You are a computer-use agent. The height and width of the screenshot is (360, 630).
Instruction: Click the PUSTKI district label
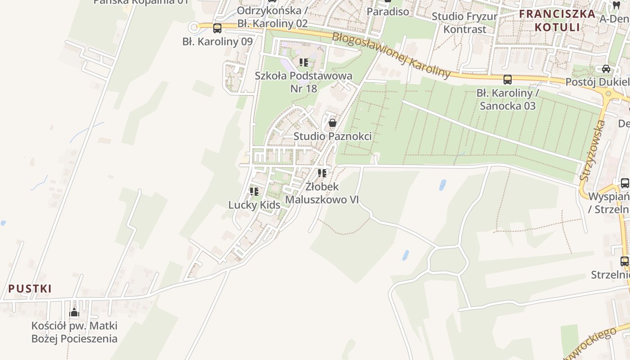click(30, 288)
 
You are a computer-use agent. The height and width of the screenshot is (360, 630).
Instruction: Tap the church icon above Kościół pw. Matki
click(74, 312)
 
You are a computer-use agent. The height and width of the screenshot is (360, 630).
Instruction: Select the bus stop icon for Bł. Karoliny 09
click(217, 28)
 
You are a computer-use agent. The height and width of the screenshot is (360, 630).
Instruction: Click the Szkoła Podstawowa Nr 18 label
click(303, 82)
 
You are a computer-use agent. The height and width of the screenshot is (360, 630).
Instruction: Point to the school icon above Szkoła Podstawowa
click(304, 63)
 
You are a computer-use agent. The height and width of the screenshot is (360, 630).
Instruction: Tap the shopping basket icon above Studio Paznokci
click(333, 122)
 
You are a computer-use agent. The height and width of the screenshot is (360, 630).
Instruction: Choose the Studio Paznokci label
click(333, 136)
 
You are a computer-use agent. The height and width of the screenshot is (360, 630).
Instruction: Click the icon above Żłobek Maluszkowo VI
click(322, 173)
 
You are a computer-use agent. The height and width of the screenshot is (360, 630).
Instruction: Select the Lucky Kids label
click(254, 205)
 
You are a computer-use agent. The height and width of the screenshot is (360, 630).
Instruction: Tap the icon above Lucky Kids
click(254, 192)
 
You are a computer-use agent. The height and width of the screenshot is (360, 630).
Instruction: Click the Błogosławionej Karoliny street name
click(391, 55)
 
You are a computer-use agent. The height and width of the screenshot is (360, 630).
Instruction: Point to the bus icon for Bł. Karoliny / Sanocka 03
click(508, 80)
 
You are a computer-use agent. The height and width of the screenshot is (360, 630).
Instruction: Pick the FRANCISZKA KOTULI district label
click(557, 20)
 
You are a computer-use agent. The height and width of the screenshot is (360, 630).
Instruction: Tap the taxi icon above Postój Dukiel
click(606, 69)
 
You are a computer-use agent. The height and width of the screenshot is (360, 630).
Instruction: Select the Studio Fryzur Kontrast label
click(465, 23)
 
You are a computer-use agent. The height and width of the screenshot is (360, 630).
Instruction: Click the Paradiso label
click(388, 11)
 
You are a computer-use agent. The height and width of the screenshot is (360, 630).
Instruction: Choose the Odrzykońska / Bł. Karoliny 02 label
click(272, 17)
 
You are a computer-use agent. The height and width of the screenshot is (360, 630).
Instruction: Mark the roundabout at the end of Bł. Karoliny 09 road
click(194, 27)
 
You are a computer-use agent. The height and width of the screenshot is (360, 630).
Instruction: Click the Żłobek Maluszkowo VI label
click(322, 193)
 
